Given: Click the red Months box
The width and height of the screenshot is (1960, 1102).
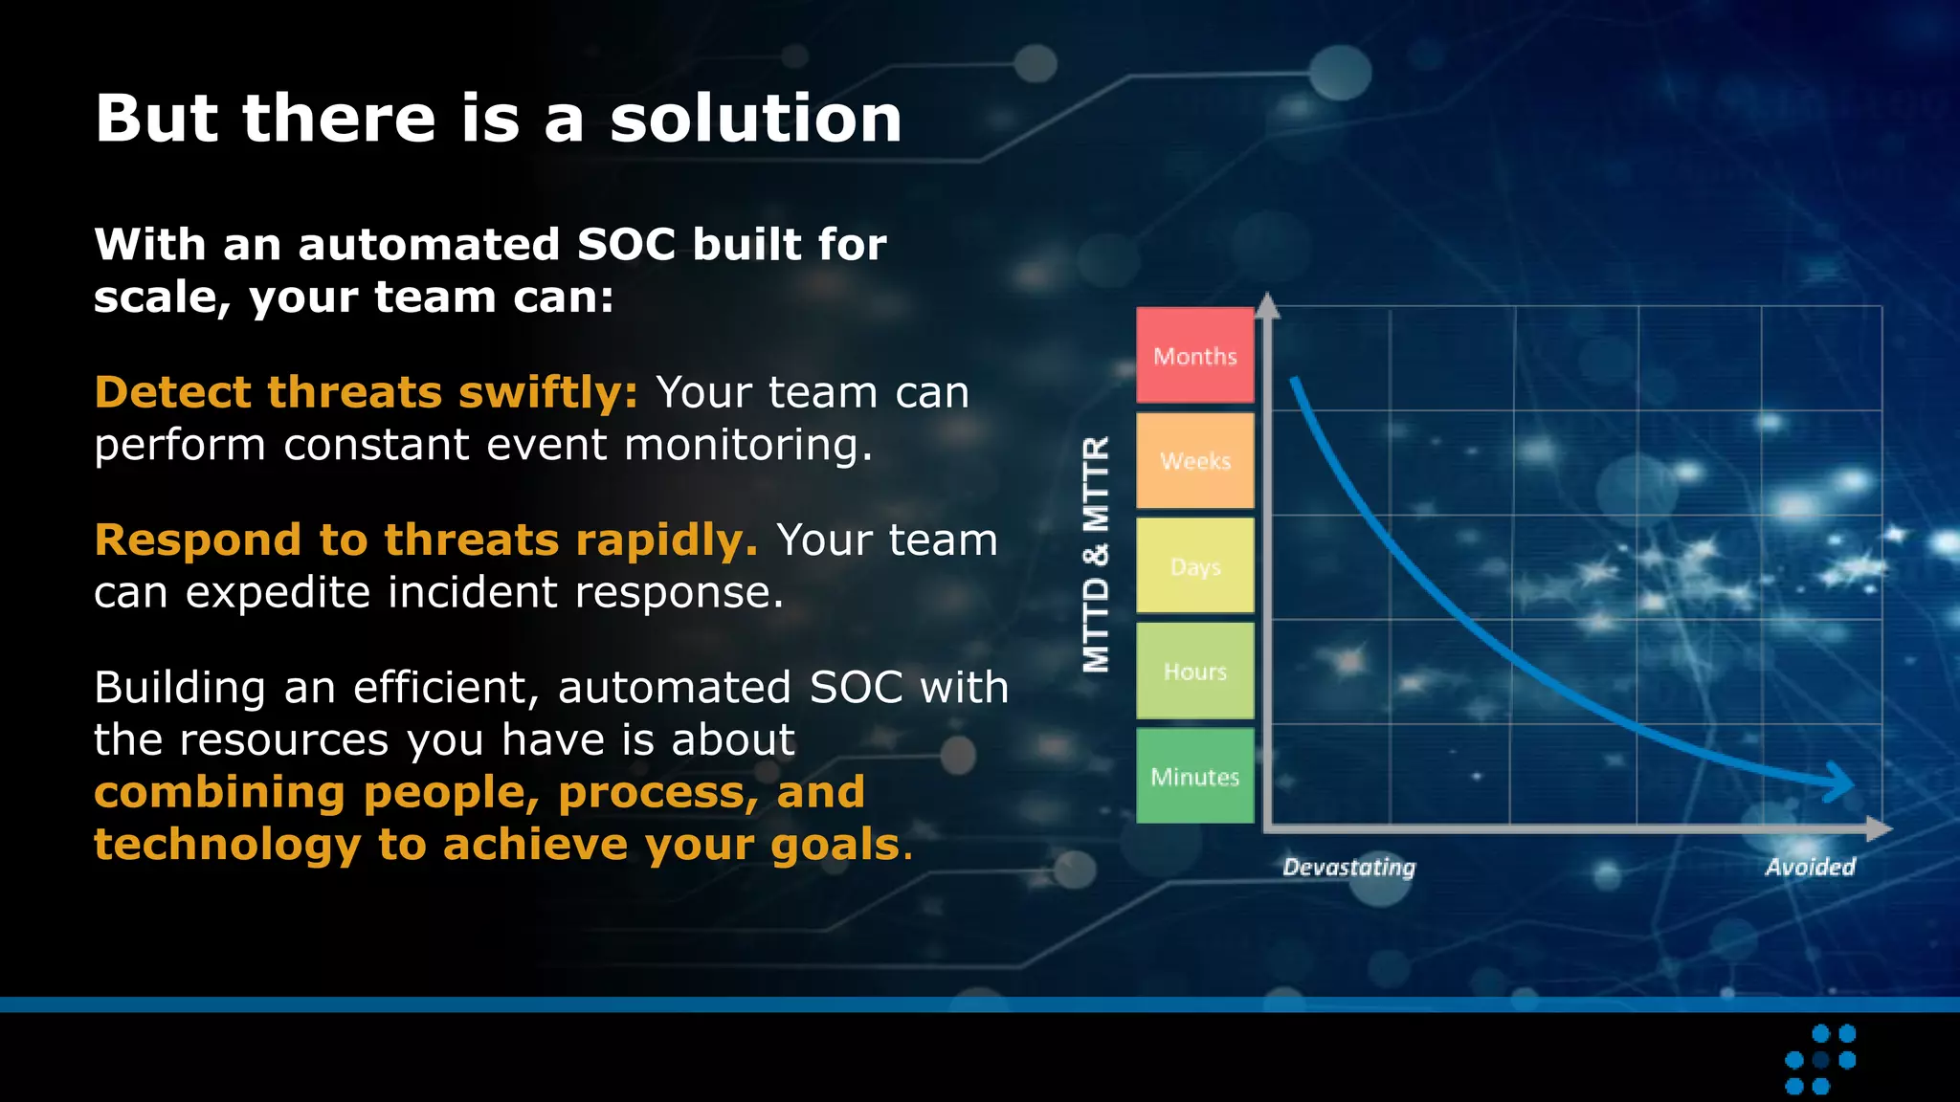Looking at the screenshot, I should point(1194,355).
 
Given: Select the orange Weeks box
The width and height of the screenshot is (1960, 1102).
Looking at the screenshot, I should point(1194,460).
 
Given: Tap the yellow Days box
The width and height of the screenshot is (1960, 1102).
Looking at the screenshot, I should point(1194,565).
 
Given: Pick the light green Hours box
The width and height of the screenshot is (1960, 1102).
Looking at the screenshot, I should point(1194,671).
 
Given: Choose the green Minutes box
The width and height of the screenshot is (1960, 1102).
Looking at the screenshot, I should point(1194,776).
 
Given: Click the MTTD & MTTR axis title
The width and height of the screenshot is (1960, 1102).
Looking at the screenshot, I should point(1097,555).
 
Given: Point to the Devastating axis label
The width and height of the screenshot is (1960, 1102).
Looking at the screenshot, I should point(1348,867).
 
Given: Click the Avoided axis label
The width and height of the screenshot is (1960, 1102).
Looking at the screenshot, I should point(1810,867).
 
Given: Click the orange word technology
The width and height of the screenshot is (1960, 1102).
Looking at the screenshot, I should point(227,845).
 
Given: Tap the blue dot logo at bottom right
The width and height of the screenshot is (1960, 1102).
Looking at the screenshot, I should point(1820,1059).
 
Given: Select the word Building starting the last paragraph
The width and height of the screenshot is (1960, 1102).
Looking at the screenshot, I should point(180,688).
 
